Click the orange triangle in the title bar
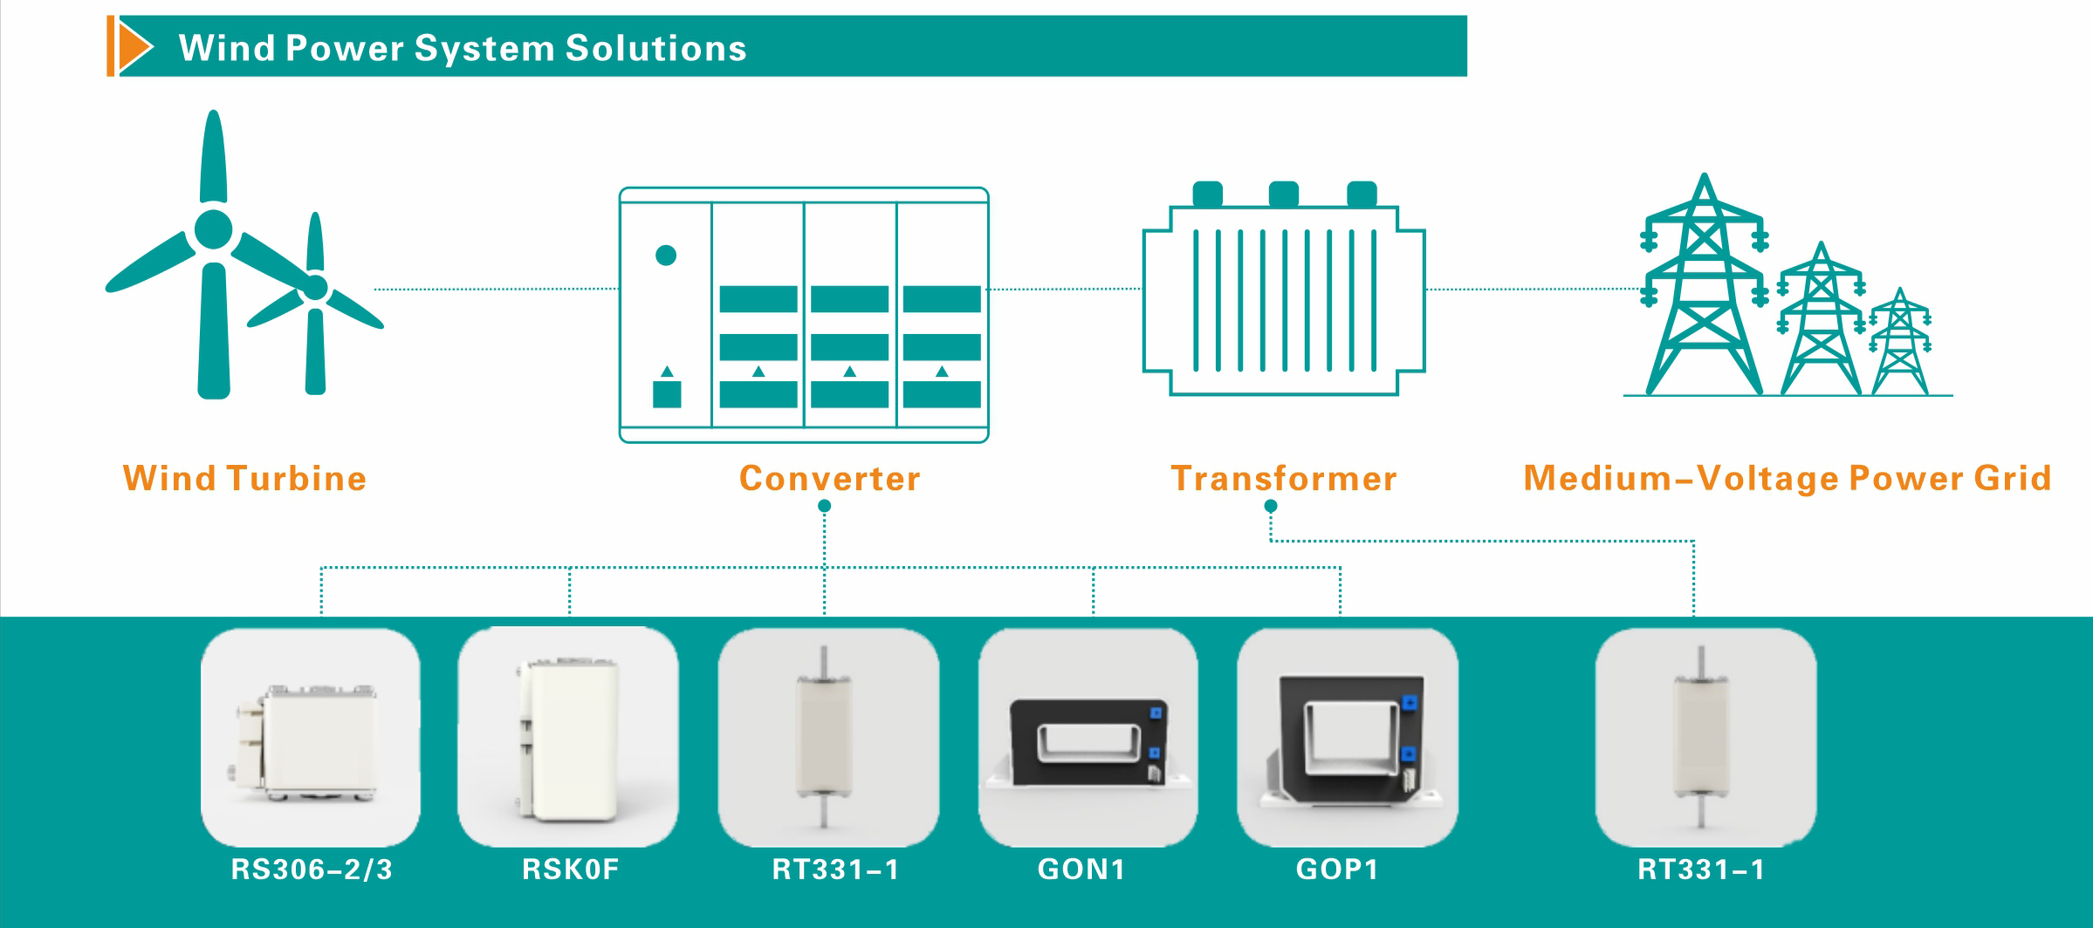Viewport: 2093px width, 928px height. click(133, 46)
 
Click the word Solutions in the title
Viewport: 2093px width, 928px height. click(655, 48)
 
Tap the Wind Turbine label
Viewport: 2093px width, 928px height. click(244, 478)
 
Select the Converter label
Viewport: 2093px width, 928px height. click(829, 478)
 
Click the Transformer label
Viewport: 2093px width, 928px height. click(1283, 478)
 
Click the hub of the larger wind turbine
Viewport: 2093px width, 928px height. click(214, 229)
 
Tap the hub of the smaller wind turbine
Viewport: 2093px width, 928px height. click(315, 287)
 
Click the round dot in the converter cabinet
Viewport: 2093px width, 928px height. click(666, 255)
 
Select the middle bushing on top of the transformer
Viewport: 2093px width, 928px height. click(1283, 194)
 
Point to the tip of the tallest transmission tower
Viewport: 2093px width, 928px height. click(1704, 174)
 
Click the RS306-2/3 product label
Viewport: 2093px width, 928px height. click(312, 869)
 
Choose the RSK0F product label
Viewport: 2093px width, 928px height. click(570, 869)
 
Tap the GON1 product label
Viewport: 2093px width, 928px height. click(1081, 869)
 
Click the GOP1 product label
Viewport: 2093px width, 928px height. click(1337, 869)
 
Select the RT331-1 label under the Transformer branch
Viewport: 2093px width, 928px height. click(1701, 869)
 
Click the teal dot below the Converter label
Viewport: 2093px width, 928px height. click(824, 506)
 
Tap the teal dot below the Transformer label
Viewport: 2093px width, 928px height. click(1271, 506)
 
